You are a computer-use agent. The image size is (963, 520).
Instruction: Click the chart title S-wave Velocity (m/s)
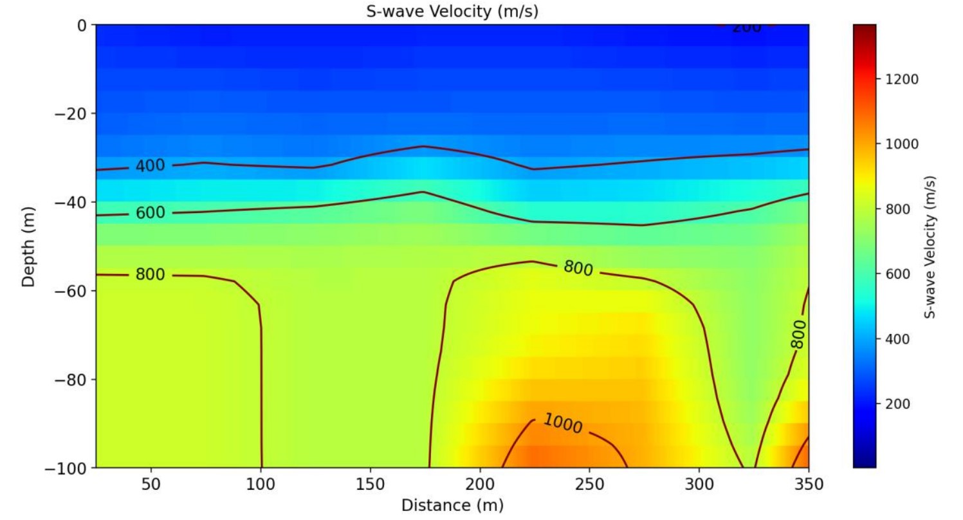click(452, 11)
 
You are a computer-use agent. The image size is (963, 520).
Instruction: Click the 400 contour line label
click(150, 165)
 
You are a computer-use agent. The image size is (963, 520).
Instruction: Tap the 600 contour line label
click(150, 213)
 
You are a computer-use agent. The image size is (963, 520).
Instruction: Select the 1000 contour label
click(563, 423)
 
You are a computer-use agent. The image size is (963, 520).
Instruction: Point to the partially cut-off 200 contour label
click(747, 28)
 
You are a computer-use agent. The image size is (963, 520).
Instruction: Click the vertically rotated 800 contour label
click(798, 334)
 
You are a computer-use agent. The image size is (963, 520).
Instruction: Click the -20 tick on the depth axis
click(71, 114)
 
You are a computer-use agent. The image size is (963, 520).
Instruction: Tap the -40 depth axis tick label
click(71, 202)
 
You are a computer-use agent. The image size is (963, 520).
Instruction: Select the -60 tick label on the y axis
click(71, 291)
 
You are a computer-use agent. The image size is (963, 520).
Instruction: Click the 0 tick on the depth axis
click(82, 26)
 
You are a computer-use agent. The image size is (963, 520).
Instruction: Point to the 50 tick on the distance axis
click(151, 485)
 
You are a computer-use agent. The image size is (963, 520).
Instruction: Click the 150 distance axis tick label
click(370, 485)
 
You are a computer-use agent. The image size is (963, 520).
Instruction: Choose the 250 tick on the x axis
click(589, 485)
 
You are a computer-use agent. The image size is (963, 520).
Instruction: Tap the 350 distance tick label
click(809, 485)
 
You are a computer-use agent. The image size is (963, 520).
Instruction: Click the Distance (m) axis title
click(452, 505)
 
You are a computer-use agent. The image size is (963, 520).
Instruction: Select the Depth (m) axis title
click(28, 247)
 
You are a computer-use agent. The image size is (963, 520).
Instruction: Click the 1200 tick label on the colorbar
click(901, 80)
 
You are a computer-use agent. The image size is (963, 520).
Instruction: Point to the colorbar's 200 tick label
click(897, 404)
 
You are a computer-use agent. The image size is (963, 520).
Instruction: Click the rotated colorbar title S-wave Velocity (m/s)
click(930, 247)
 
